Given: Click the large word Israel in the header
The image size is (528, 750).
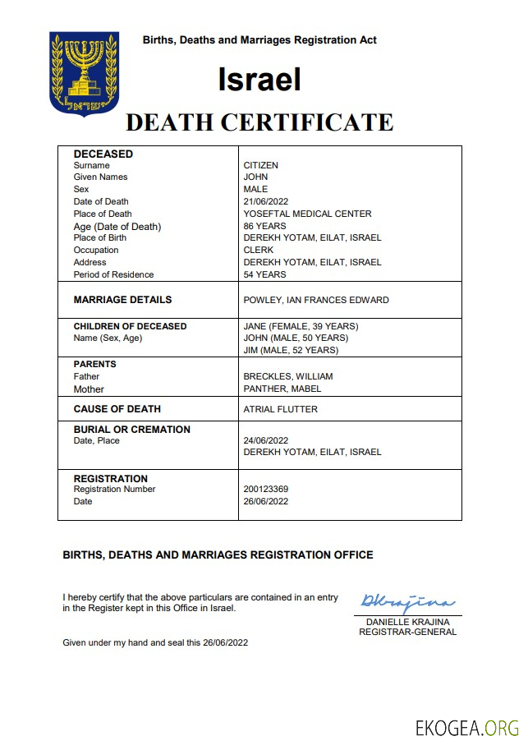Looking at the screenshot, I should (x=259, y=79).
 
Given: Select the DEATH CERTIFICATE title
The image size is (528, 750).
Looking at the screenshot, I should (x=259, y=122).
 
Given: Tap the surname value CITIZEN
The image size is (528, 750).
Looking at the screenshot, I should (x=261, y=165).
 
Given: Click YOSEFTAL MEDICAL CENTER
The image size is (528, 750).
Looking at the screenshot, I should (x=307, y=214).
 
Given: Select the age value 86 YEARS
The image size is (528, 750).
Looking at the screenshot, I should (x=264, y=226).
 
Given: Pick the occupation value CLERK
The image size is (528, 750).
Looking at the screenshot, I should (x=259, y=250).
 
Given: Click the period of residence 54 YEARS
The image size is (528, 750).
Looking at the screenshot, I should (x=264, y=274).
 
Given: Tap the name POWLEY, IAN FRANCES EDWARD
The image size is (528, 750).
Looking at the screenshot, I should (x=316, y=300).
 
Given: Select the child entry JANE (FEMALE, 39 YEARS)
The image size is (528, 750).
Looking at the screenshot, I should (x=301, y=326).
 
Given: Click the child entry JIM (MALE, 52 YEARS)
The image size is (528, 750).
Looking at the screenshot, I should (x=291, y=350).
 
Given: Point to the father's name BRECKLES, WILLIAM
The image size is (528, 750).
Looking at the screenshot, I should (x=288, y=376).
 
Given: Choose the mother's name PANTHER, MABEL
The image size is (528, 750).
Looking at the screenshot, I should (x=282, y=389).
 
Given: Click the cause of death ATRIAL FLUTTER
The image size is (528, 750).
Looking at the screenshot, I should (x=280, y=409).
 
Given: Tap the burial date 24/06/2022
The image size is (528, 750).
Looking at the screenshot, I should (x=266, y=440).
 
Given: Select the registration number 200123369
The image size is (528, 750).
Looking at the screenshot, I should (x=266, y=489).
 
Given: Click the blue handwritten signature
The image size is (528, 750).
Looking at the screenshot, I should (x=407, y=604).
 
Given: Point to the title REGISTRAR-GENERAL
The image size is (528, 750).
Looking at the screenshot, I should (x=407, y=632).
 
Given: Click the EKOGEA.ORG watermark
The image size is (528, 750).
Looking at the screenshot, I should (x=468, y=728).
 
